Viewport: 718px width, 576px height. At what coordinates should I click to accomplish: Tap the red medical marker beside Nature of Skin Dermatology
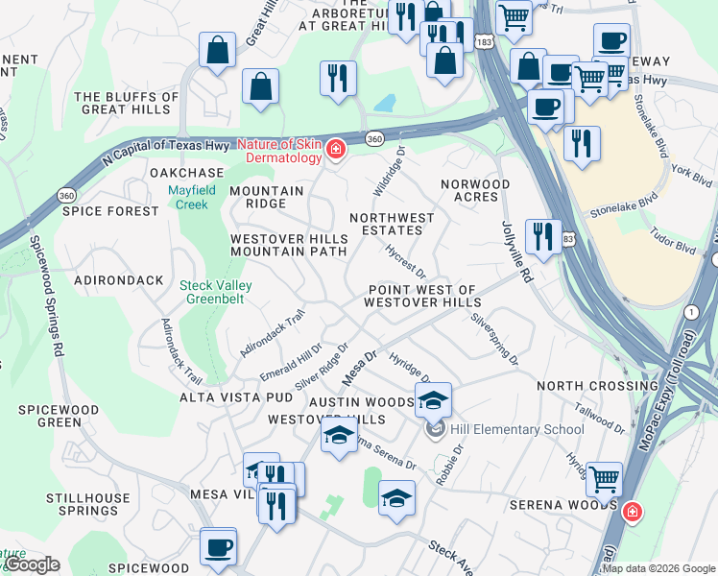335,149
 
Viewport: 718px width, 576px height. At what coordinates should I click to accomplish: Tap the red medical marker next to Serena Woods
632,512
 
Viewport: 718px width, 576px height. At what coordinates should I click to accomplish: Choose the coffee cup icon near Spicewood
218,546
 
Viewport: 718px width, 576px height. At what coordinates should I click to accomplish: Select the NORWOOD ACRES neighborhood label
475,190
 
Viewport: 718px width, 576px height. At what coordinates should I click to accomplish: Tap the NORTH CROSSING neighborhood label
586,386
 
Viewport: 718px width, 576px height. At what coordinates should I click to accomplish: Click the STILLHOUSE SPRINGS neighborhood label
87,505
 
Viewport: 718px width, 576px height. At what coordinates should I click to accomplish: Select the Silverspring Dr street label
493,340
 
